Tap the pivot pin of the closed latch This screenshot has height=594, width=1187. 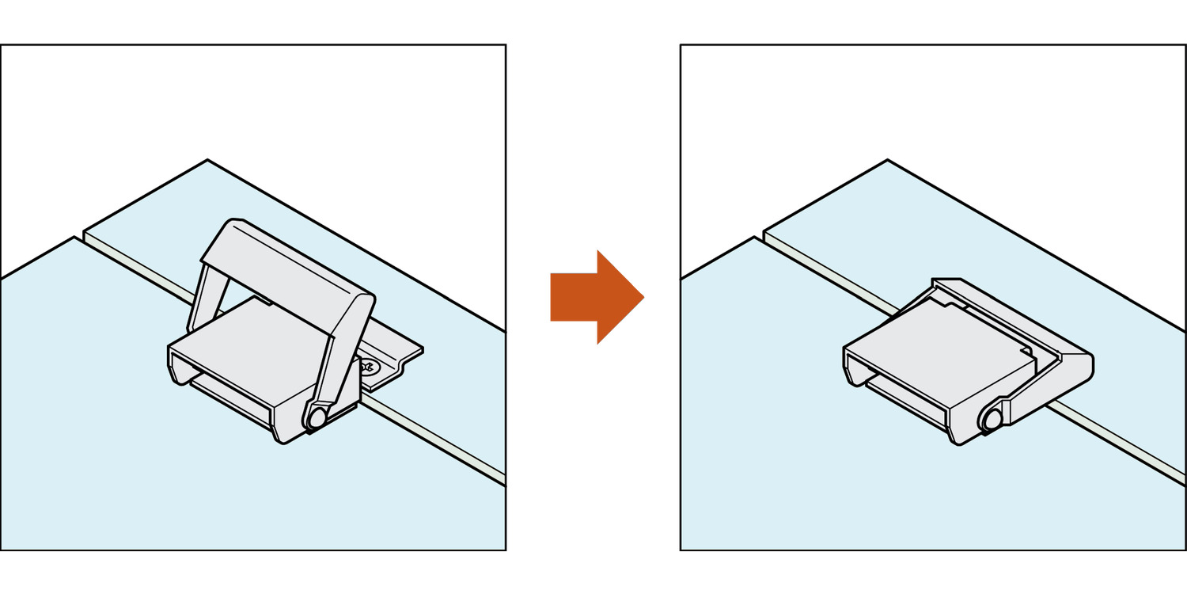(x=988, y=420)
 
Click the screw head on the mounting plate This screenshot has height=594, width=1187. (x=369, y=367)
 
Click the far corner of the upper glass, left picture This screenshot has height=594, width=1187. (x=207, y=161)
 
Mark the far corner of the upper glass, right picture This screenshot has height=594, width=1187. (x=887, y=161)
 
